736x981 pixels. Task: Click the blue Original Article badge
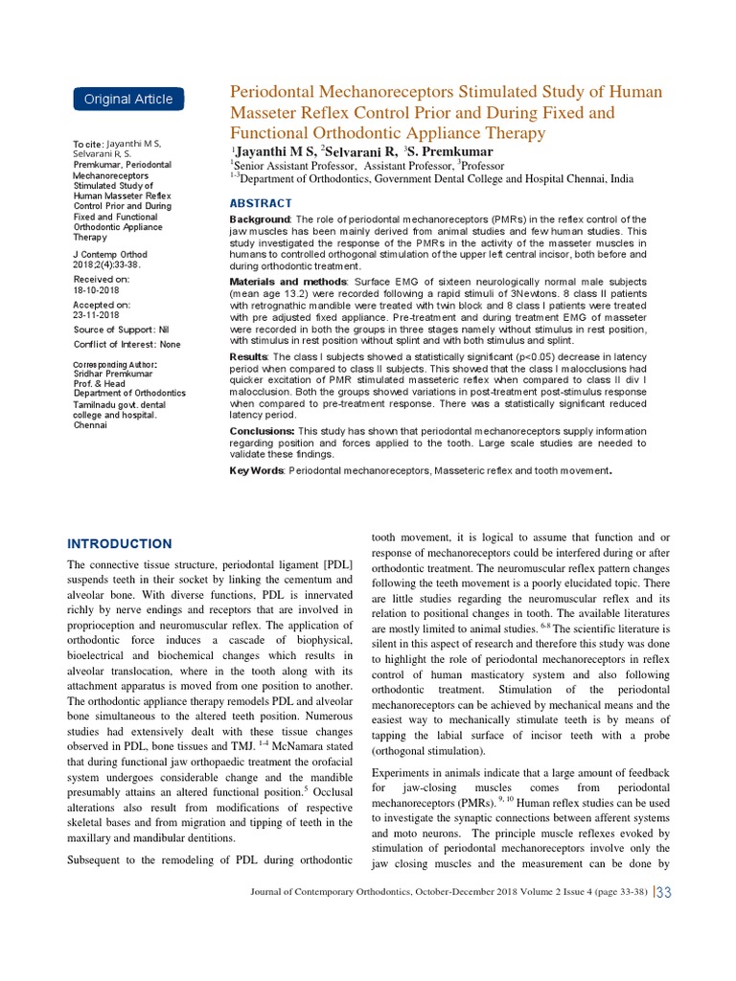pos(128,99)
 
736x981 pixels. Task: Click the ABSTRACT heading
pos(261,203)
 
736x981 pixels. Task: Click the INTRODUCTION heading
pos(120,543)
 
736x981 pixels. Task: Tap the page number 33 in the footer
pos(664,893)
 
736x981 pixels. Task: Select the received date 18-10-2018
pos(97,289)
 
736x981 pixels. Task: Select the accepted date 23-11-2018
pos(97,314)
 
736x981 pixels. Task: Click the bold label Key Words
pos(256,470)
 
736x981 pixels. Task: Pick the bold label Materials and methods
pos(284,283)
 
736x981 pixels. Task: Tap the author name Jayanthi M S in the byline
pos(274,151)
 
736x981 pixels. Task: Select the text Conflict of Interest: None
pos(126,344)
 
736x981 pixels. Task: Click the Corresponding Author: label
pos(116,365)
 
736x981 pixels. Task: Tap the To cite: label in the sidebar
pos(88,145)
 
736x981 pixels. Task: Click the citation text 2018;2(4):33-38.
pos(106,264)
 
